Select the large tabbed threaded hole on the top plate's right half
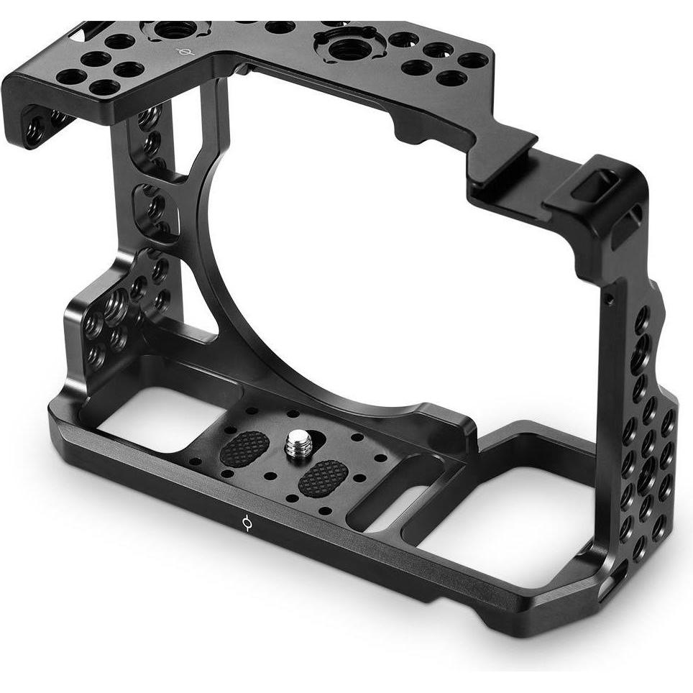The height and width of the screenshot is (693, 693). click(x=343, y=49)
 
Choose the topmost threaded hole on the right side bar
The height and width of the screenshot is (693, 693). click(x=641, y=316)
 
